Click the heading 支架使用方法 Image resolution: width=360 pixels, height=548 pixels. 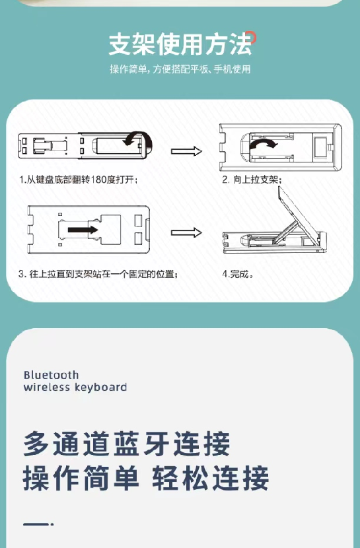coord(180,44)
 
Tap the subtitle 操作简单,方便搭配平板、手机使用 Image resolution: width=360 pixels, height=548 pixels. coord(180,69)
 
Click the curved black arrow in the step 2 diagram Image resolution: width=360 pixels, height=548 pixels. coord(263,143)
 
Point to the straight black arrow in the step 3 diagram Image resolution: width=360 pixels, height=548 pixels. coord(83,230)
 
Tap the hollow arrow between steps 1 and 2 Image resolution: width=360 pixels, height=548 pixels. coord(187,151)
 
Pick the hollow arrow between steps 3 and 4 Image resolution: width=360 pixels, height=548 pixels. coord(187,232)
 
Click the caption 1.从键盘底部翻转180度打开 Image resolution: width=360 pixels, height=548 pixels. coord(79,180)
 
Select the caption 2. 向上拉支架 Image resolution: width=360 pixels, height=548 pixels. coord(252,180)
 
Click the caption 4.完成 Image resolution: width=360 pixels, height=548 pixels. coord(238,274)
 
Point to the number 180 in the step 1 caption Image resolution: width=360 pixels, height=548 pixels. coord(98,180)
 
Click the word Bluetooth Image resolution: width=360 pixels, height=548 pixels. coord(51,375)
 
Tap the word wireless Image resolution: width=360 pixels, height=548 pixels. coord(47,388)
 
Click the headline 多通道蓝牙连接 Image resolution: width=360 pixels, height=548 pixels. coord(127,444)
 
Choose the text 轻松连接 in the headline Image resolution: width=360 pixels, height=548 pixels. coord(211,477)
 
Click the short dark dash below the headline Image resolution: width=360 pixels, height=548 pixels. coord(38,524)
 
